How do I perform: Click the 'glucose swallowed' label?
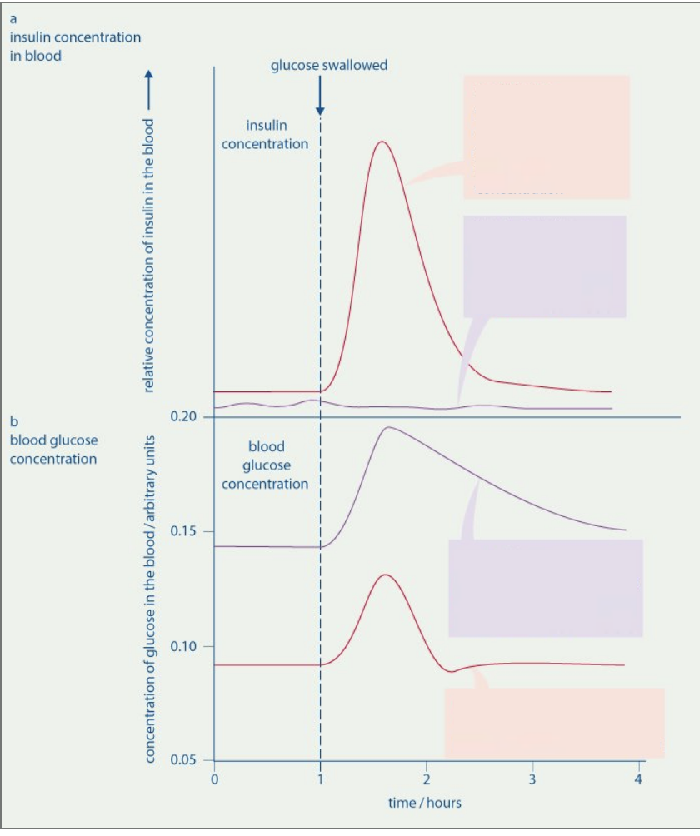329,65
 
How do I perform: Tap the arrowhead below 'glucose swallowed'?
320,111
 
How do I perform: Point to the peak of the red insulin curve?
382,142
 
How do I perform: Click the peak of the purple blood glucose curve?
387,427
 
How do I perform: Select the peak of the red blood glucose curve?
385,575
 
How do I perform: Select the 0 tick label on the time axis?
214,779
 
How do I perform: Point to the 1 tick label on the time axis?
320,779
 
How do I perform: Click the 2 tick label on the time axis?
426,779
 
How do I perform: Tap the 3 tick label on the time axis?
532,779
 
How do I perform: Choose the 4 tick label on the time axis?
637,779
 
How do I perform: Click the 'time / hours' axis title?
425,803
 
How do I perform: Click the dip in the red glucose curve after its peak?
452,670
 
